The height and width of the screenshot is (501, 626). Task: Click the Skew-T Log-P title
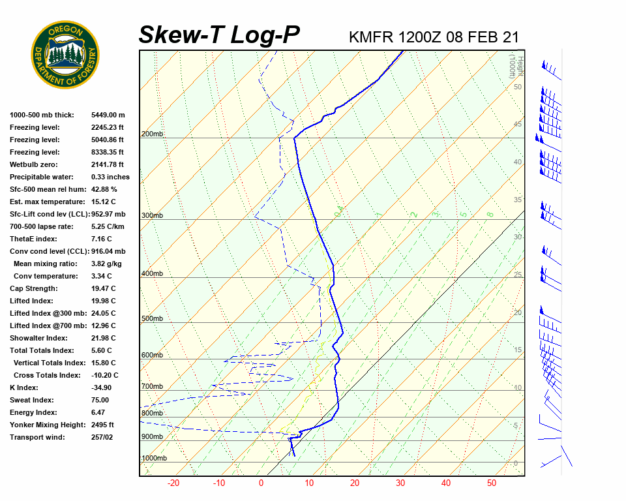coord(219,35)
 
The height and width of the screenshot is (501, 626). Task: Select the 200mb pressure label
coord(152,134)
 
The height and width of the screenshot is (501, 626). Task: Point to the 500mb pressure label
coord(152,319)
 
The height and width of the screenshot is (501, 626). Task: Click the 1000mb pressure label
coord(154,459)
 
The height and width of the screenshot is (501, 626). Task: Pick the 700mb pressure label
coord(152,387)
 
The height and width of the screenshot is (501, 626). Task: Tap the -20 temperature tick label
coord(173,483)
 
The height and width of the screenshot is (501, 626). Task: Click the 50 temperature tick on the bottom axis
coord(492,483)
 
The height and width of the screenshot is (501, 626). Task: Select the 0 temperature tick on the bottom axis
coord(261,483)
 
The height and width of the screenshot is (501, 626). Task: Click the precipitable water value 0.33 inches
coord(110,177)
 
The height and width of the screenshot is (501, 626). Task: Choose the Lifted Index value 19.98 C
coord(103,301)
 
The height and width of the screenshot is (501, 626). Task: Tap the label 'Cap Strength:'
coord(34,288)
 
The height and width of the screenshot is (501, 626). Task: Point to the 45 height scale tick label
coord(518,124)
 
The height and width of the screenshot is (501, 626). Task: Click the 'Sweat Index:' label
coord(32,400)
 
